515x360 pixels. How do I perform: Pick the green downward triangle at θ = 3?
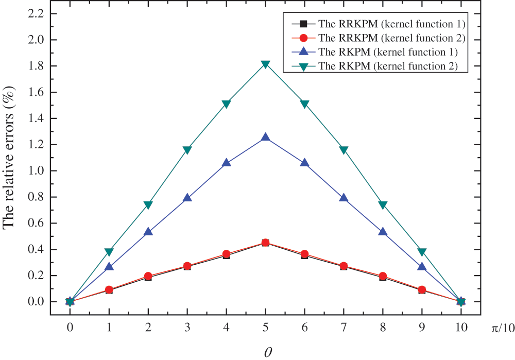187,150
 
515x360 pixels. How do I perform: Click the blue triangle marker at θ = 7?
344,198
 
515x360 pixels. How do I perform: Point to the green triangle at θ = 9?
422,252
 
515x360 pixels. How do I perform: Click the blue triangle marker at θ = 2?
148,232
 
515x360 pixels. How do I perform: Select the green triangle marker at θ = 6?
305,104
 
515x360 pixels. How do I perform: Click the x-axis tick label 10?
461,328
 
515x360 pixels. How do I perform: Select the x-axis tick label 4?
227,328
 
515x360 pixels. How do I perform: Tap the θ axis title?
266,351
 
